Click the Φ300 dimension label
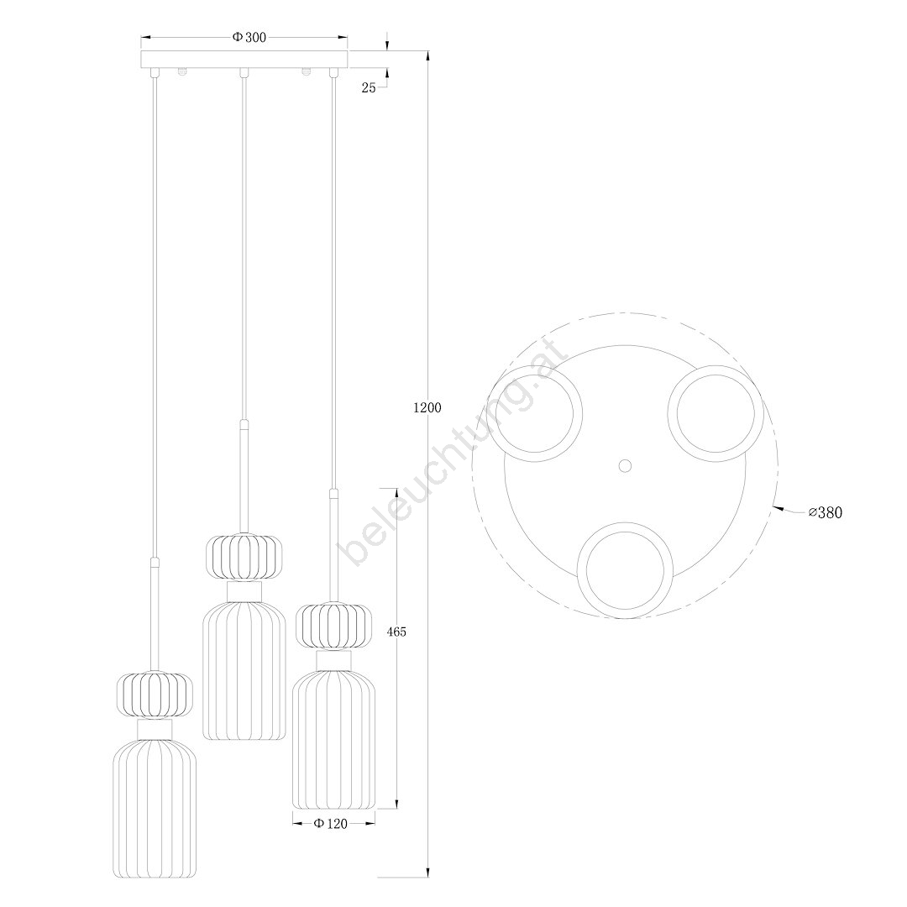coord(249,38)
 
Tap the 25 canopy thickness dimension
coord(369,88)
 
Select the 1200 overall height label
coord(427,408)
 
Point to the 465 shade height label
coord(396,632)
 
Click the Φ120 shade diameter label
coord(331,824)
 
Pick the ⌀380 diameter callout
coord(826,512)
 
